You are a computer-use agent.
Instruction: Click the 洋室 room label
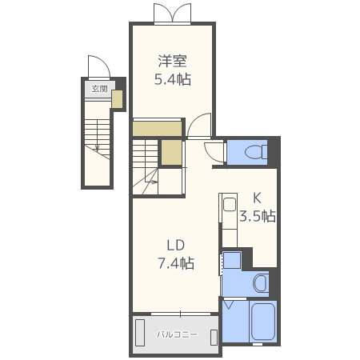click(173, 61)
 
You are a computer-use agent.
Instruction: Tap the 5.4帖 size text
click(173, 79)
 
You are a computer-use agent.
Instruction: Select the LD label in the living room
click(176, 245)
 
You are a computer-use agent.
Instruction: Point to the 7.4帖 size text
click(176, 263)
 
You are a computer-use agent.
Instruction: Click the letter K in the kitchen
click(257, 198)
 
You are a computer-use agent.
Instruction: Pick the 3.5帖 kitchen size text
click(258, 216)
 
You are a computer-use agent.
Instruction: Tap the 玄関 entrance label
click(99, 89)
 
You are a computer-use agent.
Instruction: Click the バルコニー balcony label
click(177, 334)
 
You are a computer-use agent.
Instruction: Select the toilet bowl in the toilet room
click(256, 152)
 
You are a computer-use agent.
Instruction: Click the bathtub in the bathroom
click(263, 322)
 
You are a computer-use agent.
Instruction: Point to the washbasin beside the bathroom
click(260, 283)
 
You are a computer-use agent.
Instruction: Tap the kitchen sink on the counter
click(230, 205)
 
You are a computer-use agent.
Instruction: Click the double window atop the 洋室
click(173, 14)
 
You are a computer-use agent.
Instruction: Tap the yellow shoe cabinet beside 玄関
click(117, 99)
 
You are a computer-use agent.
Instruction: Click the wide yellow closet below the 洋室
click(158, 129)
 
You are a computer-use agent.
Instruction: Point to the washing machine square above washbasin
click(232, 259)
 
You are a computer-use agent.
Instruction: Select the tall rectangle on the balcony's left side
click(140, 333)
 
